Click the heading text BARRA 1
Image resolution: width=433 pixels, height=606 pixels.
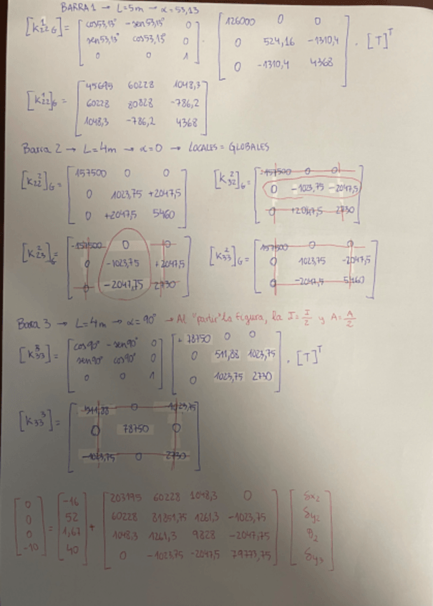click(x=79, y=7)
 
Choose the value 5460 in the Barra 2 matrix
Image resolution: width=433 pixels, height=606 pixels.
click(x=164, y=214)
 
